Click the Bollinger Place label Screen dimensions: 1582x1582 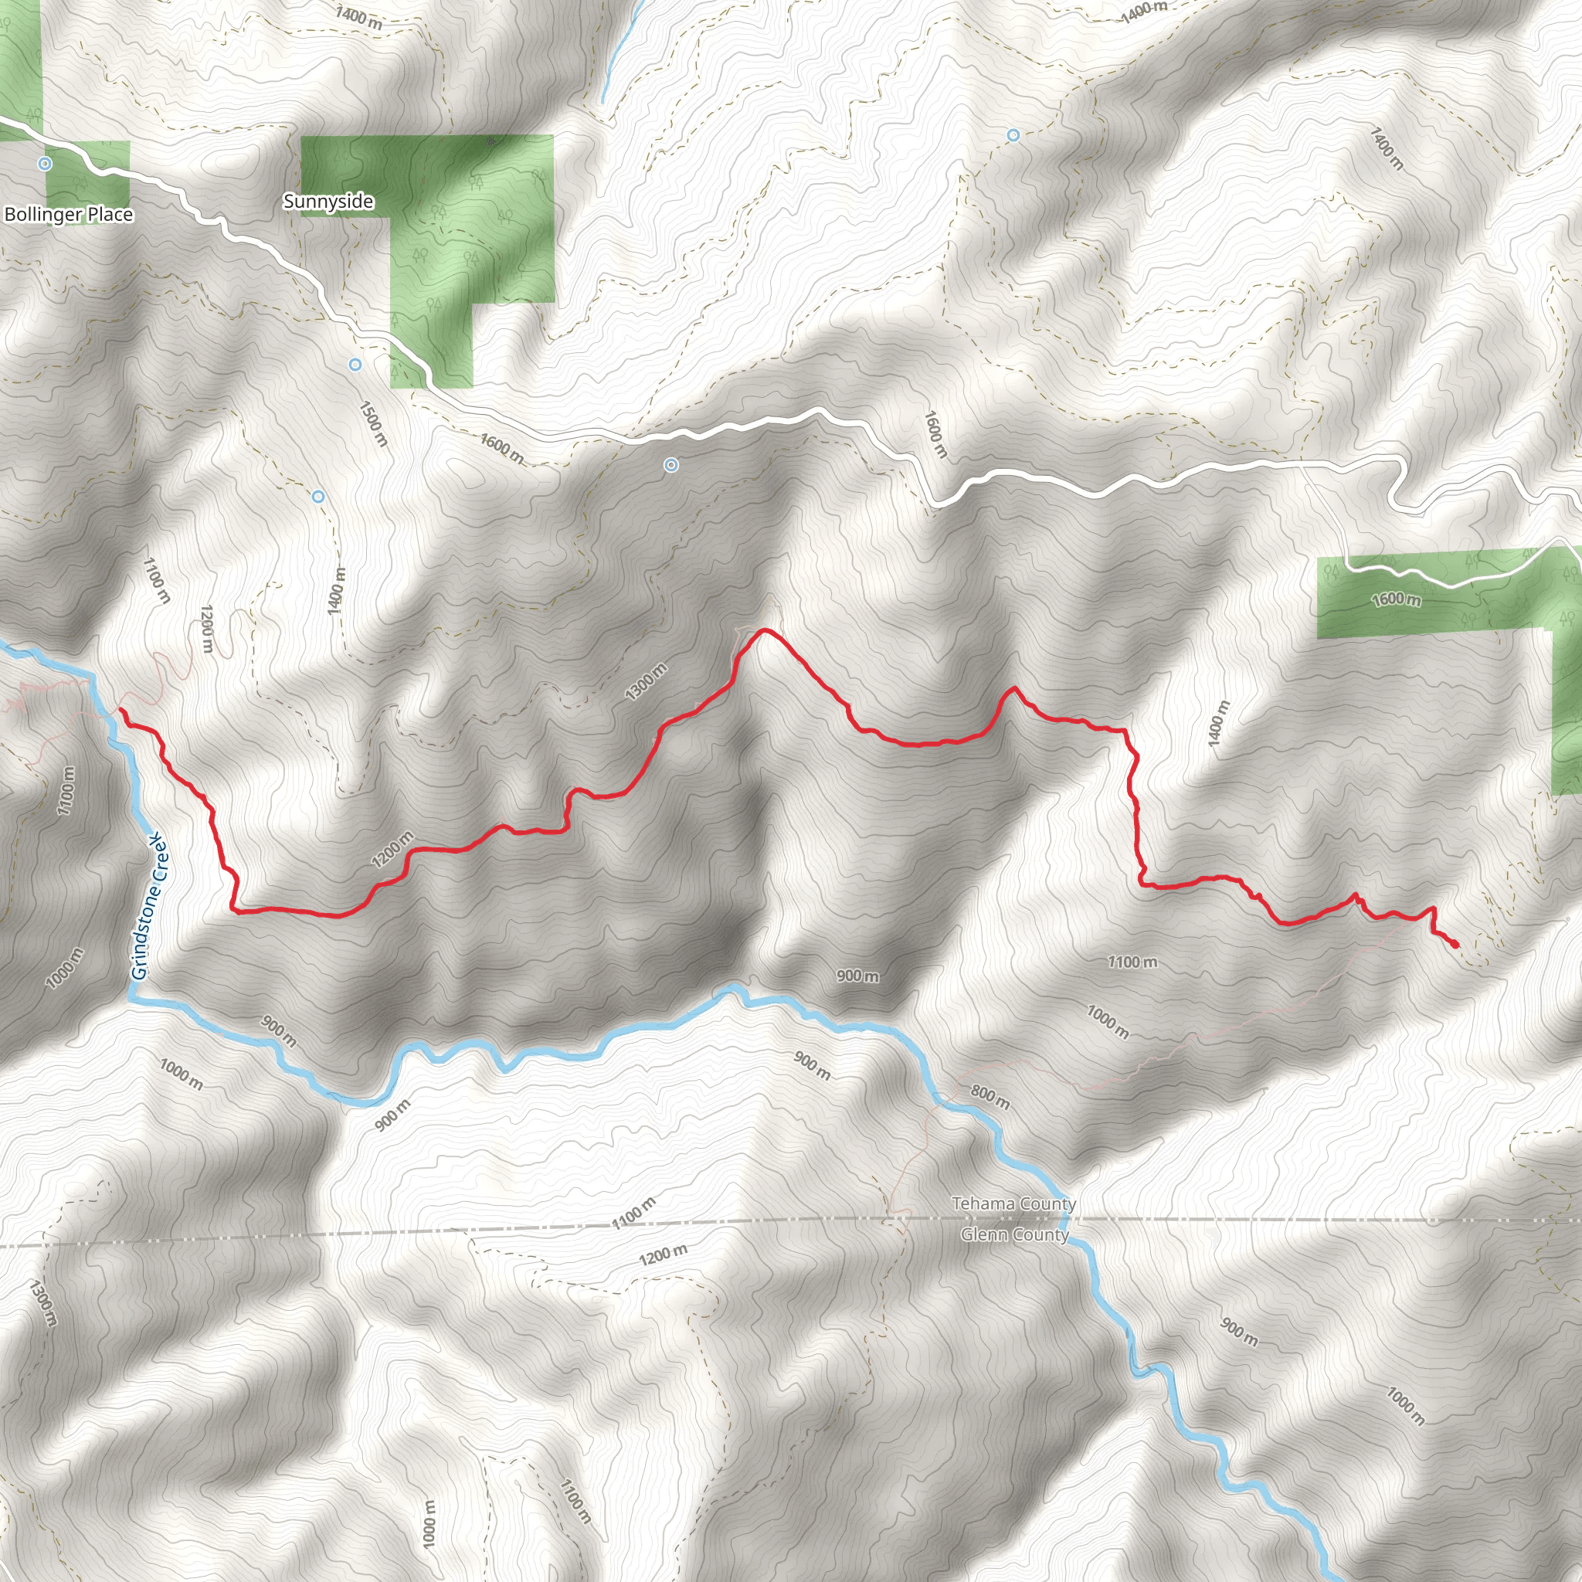[x=69, y=215]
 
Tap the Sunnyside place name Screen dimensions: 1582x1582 [x=328, y=202]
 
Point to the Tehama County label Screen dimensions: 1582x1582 [x=1013, y=1203]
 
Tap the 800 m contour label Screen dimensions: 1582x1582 [x=990, y=1096]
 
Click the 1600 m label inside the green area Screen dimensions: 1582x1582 [x=1396, y=599]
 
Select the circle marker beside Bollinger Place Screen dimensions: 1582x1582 [x=45, y=164]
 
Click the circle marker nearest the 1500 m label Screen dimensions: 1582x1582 [x=355, y=365]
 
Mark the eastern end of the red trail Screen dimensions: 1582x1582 [x=1456, y=945]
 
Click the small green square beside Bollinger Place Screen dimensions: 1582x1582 [x=87, y=174]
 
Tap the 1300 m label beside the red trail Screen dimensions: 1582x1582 [x=646, y=682]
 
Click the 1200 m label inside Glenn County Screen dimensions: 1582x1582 [x=664, y=1254]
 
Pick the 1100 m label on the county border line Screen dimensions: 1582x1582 [x=633, y=1213]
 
